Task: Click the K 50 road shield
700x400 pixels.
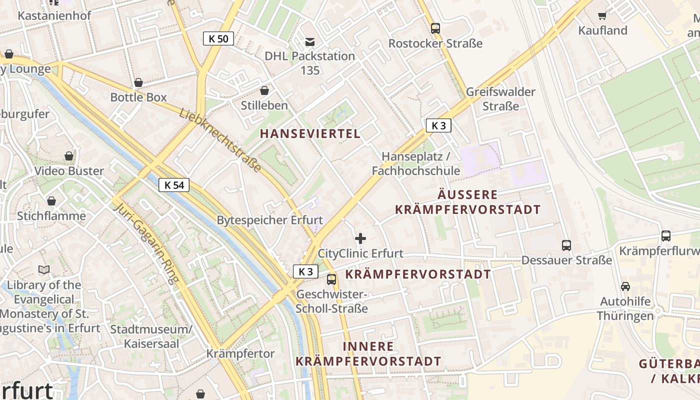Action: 218,38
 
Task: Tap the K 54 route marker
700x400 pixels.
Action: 174,185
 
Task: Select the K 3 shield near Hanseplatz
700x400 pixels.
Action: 438,125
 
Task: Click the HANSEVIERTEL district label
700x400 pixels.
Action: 310,133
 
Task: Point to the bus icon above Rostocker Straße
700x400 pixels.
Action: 435,28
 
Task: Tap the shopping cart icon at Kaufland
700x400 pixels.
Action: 602,16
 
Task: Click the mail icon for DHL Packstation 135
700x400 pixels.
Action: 310,41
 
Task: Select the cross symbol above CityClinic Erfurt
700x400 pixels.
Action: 360,238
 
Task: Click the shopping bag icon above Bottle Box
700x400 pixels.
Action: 138,82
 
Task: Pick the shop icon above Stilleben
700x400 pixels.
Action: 264,90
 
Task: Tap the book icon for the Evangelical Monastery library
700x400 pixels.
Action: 44,270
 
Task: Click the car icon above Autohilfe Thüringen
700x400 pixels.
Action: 625,286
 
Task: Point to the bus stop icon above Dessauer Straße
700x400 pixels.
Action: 566,245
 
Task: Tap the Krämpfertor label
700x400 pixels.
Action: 240,354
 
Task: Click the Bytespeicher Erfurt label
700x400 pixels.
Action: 269,220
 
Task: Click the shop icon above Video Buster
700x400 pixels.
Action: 69,156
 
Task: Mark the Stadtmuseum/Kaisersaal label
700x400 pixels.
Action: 151,336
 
